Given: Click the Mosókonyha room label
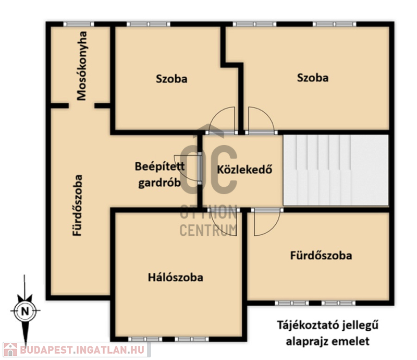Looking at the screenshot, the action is (82, 66).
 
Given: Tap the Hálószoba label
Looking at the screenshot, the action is (176, 278).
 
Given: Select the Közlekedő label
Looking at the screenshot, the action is (244, 170).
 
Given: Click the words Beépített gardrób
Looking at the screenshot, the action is (160, 174).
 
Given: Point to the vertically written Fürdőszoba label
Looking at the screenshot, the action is (78, 205).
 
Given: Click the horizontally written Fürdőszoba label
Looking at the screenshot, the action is (321, 255).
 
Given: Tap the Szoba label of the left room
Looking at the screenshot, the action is (171, 79).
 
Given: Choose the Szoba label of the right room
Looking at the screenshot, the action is (313, 78).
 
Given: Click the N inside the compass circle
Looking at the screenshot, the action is (25, 311).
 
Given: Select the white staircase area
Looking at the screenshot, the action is (336, 170).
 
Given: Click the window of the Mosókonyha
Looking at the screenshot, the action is (79, 24).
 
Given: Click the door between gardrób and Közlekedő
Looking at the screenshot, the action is (200, 169).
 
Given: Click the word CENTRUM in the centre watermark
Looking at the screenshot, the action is (208, 230).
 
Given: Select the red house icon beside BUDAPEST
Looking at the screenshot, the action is (10, 350).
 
